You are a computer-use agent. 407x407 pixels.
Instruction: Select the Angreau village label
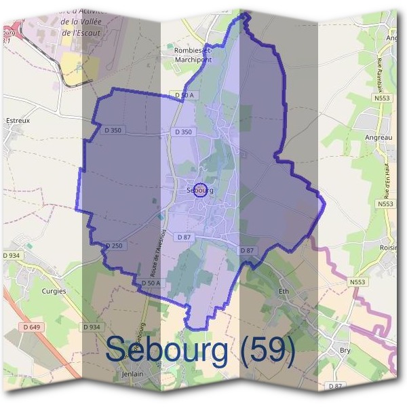(x=378, y=137)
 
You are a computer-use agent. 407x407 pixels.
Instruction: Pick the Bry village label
(x=345, y=351)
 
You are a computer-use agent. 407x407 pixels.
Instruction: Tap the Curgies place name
(x=54, y=291)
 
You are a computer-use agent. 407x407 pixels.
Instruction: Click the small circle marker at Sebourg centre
(x=199, y=189)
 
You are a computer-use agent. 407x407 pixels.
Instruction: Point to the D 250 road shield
(x=114, y=246)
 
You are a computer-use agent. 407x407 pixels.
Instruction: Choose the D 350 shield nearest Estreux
(x=113, y=130)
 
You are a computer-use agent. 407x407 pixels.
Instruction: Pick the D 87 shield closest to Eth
(x=247, y=250)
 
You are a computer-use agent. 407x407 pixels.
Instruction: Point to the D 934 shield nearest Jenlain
(x=92, y=327)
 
